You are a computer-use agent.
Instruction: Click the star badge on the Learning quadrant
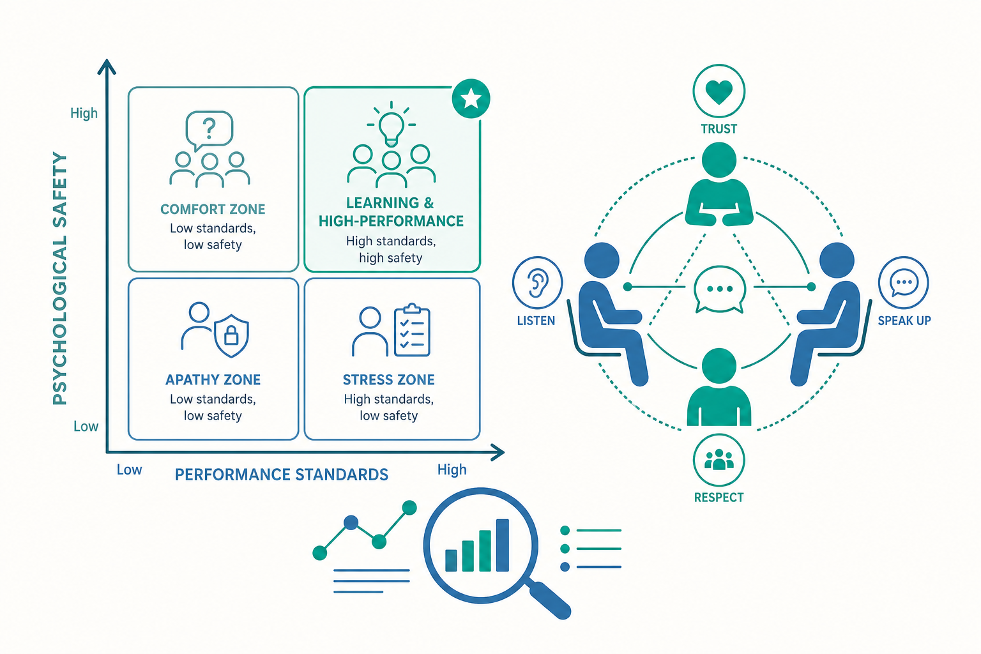(471, 98)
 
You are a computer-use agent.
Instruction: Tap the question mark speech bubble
(209, 130)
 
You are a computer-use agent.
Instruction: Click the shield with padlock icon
(231, 335)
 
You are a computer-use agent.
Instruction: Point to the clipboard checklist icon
(412, 330)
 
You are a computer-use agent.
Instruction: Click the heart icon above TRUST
(719, 91)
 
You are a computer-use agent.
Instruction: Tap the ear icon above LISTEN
(537, 282)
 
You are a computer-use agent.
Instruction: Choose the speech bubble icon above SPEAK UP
(904, 282)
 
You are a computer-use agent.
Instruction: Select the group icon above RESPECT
(719, 460)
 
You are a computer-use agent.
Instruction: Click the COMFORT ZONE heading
(213, 209)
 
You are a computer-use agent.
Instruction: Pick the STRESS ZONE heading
(388, 380)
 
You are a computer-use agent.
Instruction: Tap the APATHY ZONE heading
(213, 380)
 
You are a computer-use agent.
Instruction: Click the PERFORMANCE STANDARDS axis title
(282, 475)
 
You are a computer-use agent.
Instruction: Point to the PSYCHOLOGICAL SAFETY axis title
(59, 278)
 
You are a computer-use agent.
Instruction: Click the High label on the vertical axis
(84, 114)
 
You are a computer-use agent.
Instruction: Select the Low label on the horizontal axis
(129, 469)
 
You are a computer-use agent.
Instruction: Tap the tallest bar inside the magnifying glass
(503, 545)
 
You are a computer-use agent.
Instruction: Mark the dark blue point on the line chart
(351, 522)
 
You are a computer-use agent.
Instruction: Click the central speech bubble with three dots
(720, 289)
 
